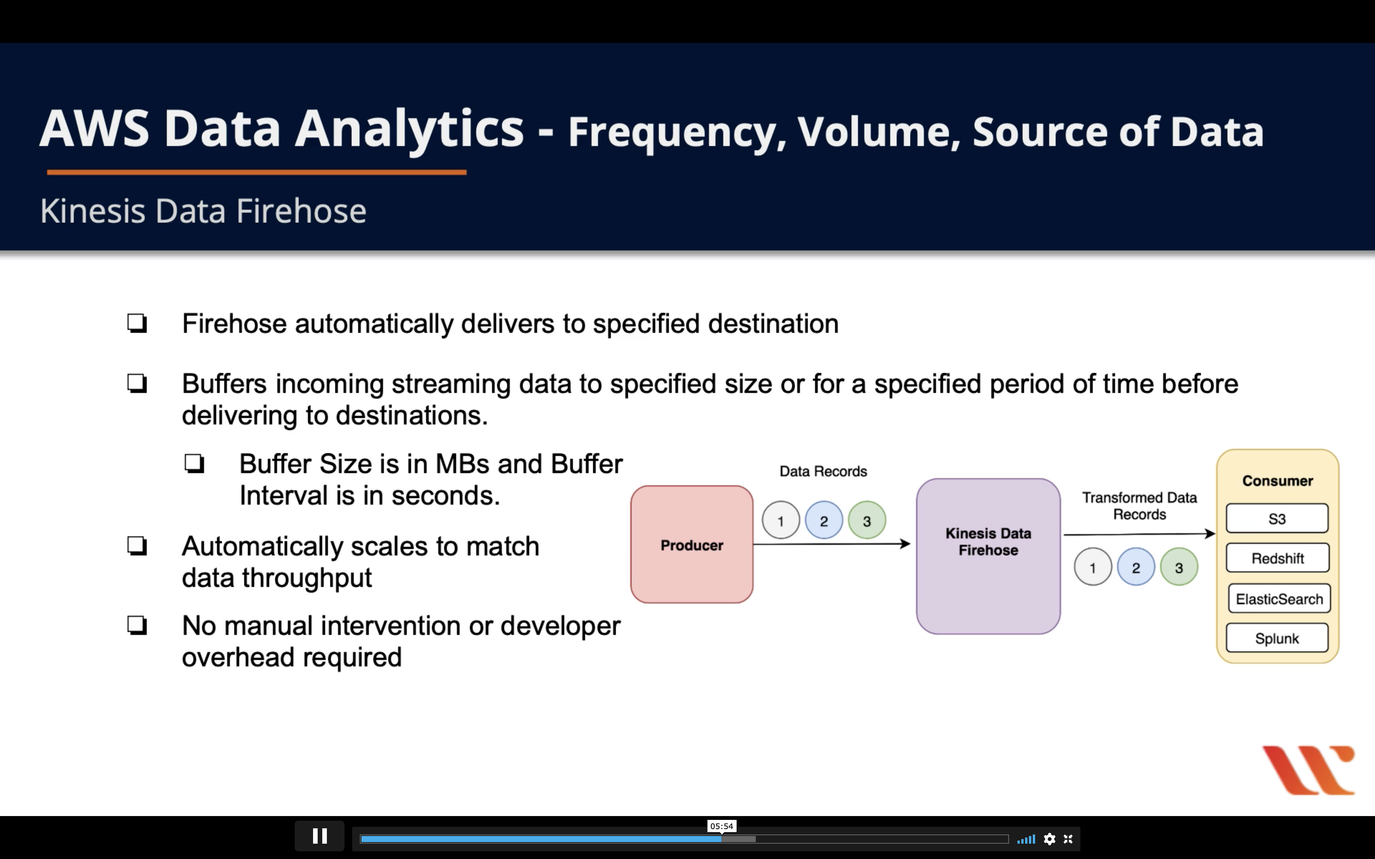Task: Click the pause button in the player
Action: [319, 836]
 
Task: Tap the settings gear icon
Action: [1049, 839]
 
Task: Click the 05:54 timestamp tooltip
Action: [721, 826]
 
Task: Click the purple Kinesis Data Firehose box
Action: [988, 557]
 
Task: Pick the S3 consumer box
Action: [1277, 519]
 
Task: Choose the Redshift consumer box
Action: [1277, 558]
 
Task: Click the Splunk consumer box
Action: [1277, 638]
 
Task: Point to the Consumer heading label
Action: [1277, 481]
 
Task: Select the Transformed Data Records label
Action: [1139, 506]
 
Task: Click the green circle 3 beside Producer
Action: [867, 520]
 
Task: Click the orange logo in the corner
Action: [1309, 770]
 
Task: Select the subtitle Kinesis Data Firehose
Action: [203, 211]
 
